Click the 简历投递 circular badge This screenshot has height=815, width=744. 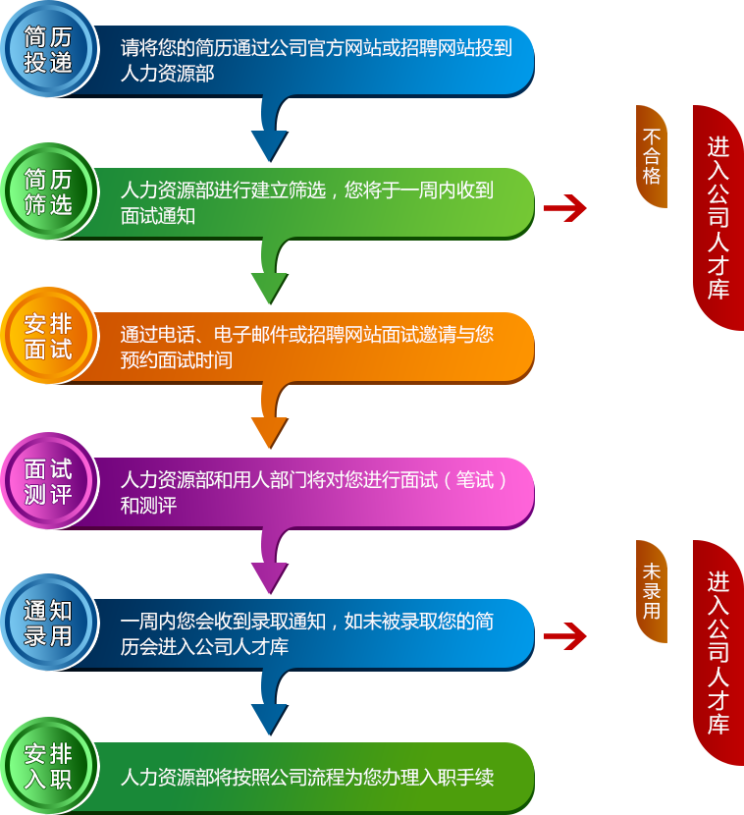(x=47, y=49)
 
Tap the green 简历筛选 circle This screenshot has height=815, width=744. (x=47, y=191)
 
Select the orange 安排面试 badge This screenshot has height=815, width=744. (x=47, y=336)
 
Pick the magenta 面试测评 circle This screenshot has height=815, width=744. (x=47, y=480)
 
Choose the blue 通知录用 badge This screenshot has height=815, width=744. (x=47, y=624)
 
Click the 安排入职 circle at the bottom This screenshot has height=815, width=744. (x=47, y=767)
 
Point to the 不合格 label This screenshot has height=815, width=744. (x=652, y=155)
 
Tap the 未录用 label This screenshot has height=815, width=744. (x=652, y=590)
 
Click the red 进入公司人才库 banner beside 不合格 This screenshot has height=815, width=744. (x=718, y=217)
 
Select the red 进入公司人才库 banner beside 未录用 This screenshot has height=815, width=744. (x=718, y=652)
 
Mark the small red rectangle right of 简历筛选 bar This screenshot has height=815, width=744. (x=565, y=208)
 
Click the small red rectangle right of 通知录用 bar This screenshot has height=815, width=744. (x=565, y=636)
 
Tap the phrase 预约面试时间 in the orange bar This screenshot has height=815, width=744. (x=177, y=360)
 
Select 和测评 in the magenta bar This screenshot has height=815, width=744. (x=148, y=506)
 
